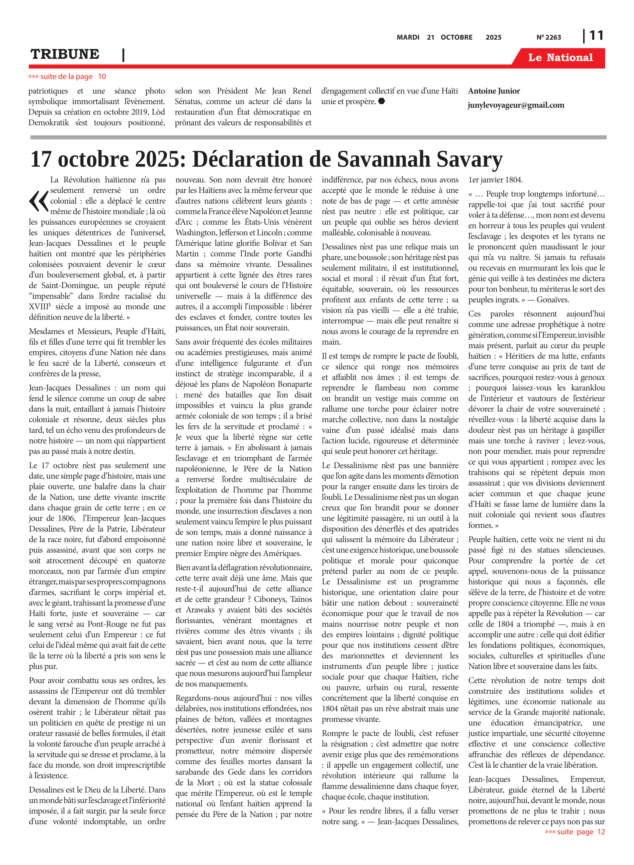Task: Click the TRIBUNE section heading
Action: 65,54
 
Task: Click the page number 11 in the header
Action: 596,36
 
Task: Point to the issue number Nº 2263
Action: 548,37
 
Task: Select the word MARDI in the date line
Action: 407,37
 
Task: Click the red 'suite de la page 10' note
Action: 67,76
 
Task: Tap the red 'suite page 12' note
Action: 575,832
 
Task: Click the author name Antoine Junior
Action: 494,91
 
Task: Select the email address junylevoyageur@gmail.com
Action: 516,105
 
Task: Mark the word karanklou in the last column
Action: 588,388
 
